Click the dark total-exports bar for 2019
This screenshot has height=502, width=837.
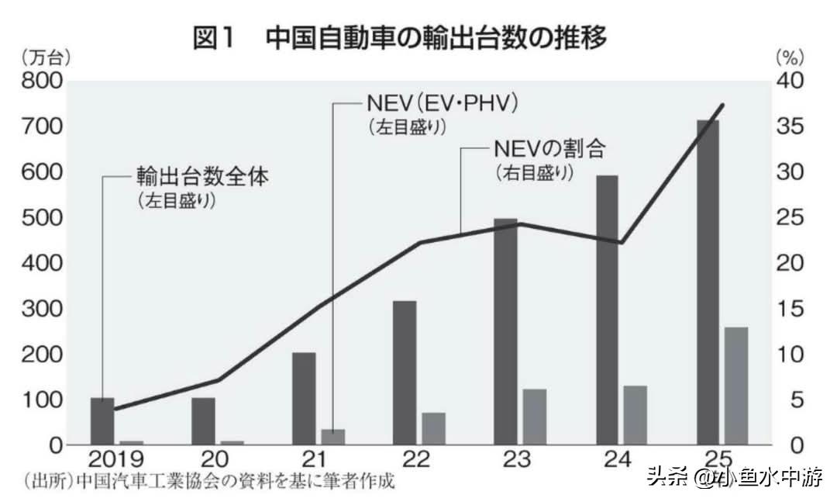click(102, 421)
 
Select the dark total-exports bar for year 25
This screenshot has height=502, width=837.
click(708, 282)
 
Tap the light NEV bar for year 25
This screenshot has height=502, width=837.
click(736, 386)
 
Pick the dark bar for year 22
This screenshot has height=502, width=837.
click(405, 372)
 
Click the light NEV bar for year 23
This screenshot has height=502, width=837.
click(535, 417)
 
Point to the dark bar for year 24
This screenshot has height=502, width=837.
click(607, 310)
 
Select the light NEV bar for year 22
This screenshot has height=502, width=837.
click(434, 428)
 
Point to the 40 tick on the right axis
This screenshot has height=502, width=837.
click(791, 81)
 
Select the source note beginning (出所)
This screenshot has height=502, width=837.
click(209, 482)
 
